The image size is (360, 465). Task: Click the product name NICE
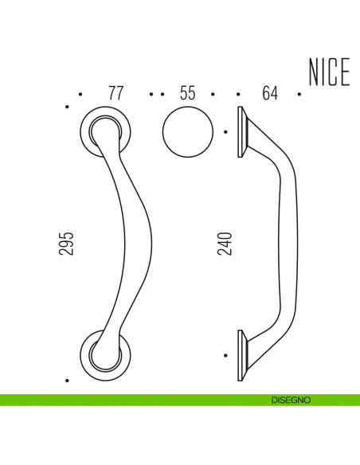[x=328, y=73]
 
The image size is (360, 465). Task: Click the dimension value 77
[x=116, y=93]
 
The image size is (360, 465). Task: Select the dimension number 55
[x=187, y=93]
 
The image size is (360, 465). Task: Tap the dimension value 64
[x=269, y=93]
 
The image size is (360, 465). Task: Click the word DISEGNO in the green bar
[x=290, y=400]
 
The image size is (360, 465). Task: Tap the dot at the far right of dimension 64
[x=299, y=94]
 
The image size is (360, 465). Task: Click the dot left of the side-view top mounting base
[x=227, y=131]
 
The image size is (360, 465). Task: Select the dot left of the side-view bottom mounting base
[x=227, y=355]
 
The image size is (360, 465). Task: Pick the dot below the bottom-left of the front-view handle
[x=68, y=377]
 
